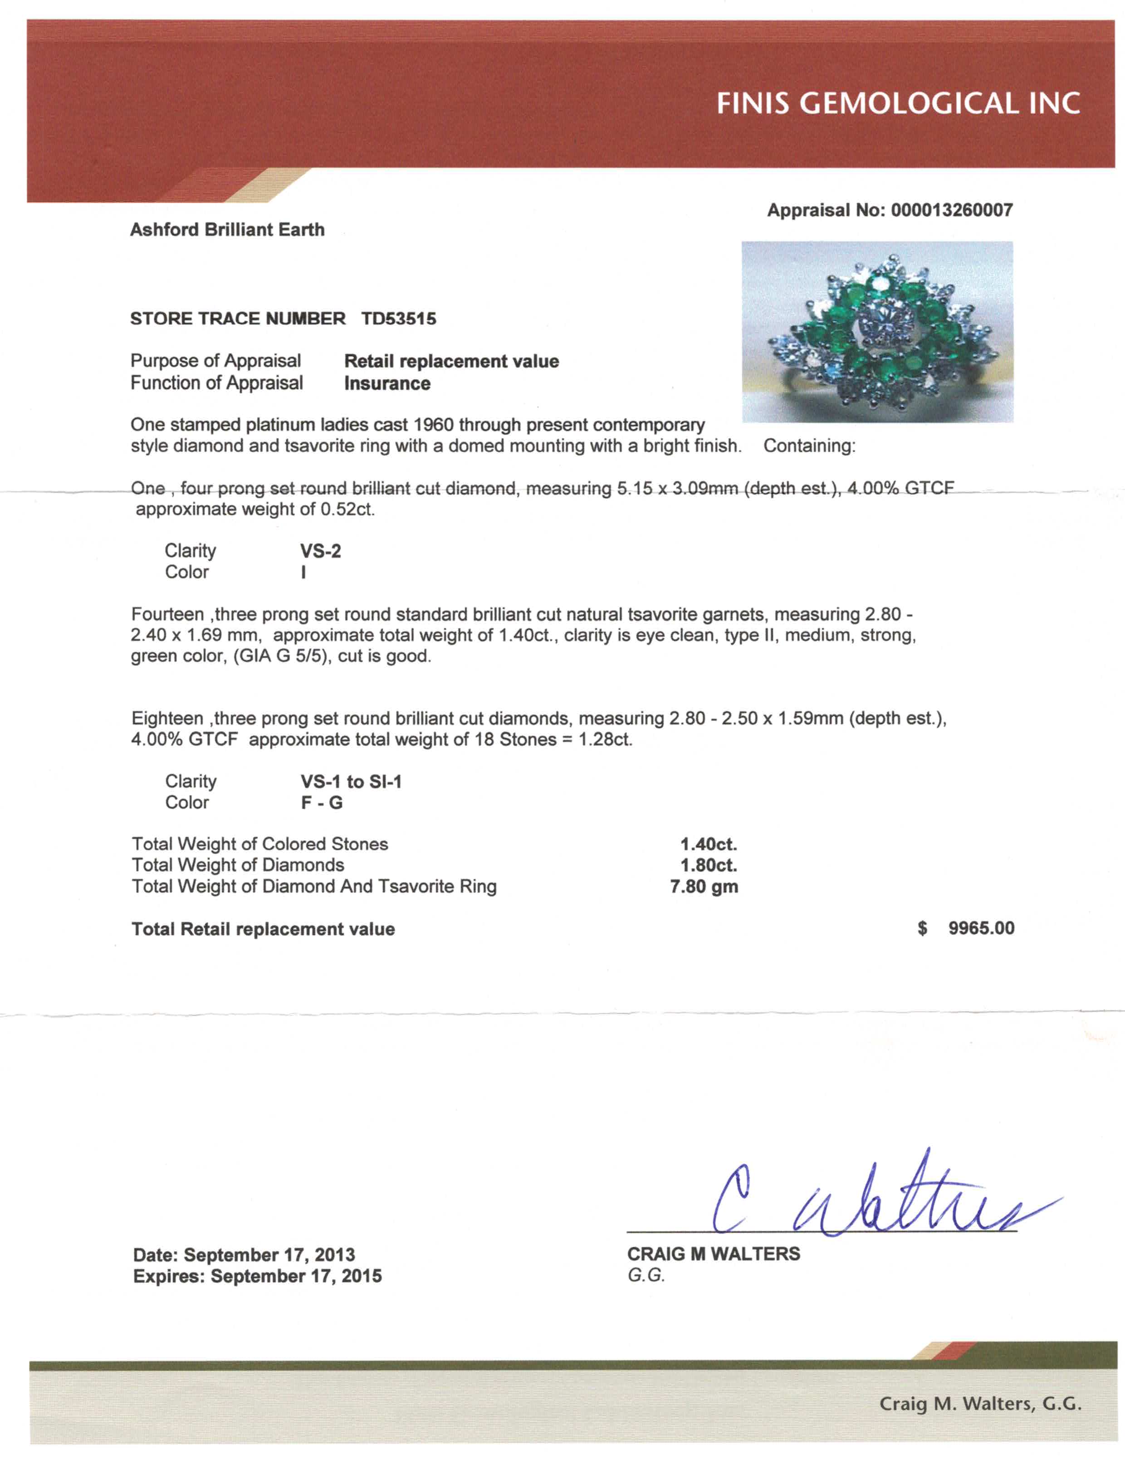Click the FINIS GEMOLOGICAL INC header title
point(898,103)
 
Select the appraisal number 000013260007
point(951,210)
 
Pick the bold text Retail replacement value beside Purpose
point(451,361)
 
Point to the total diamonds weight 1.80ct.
point(709,865)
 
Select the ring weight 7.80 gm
point(704,887)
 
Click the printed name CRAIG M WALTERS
point(713,1254)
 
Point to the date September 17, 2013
point(269,1255)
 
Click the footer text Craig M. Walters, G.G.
point(980,1403)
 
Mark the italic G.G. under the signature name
point(646,1275)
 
